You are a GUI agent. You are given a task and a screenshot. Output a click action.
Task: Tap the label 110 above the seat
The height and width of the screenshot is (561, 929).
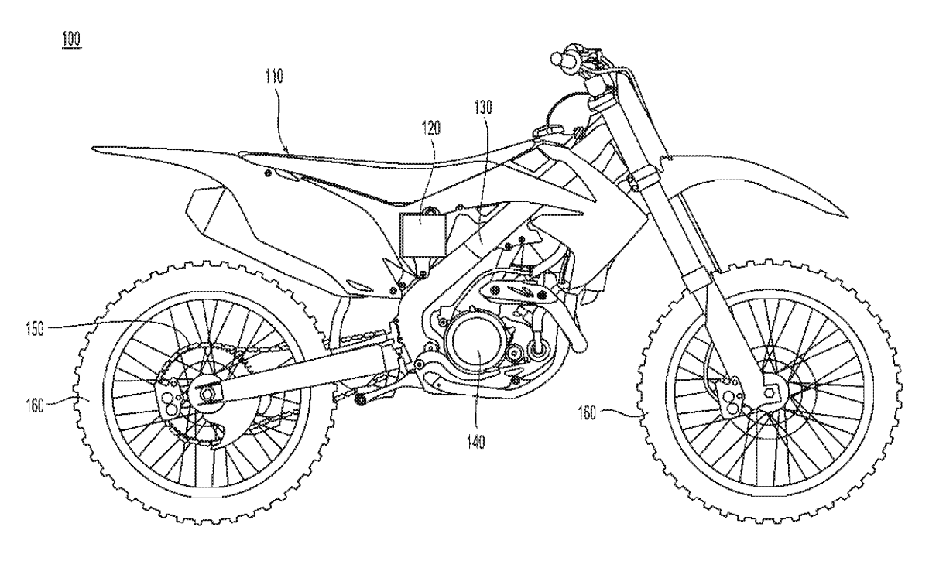pyautogui.click(x=274, y=77)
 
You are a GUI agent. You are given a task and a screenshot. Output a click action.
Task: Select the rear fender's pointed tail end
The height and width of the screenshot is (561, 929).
pyautogui.click(x=94, y=148)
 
